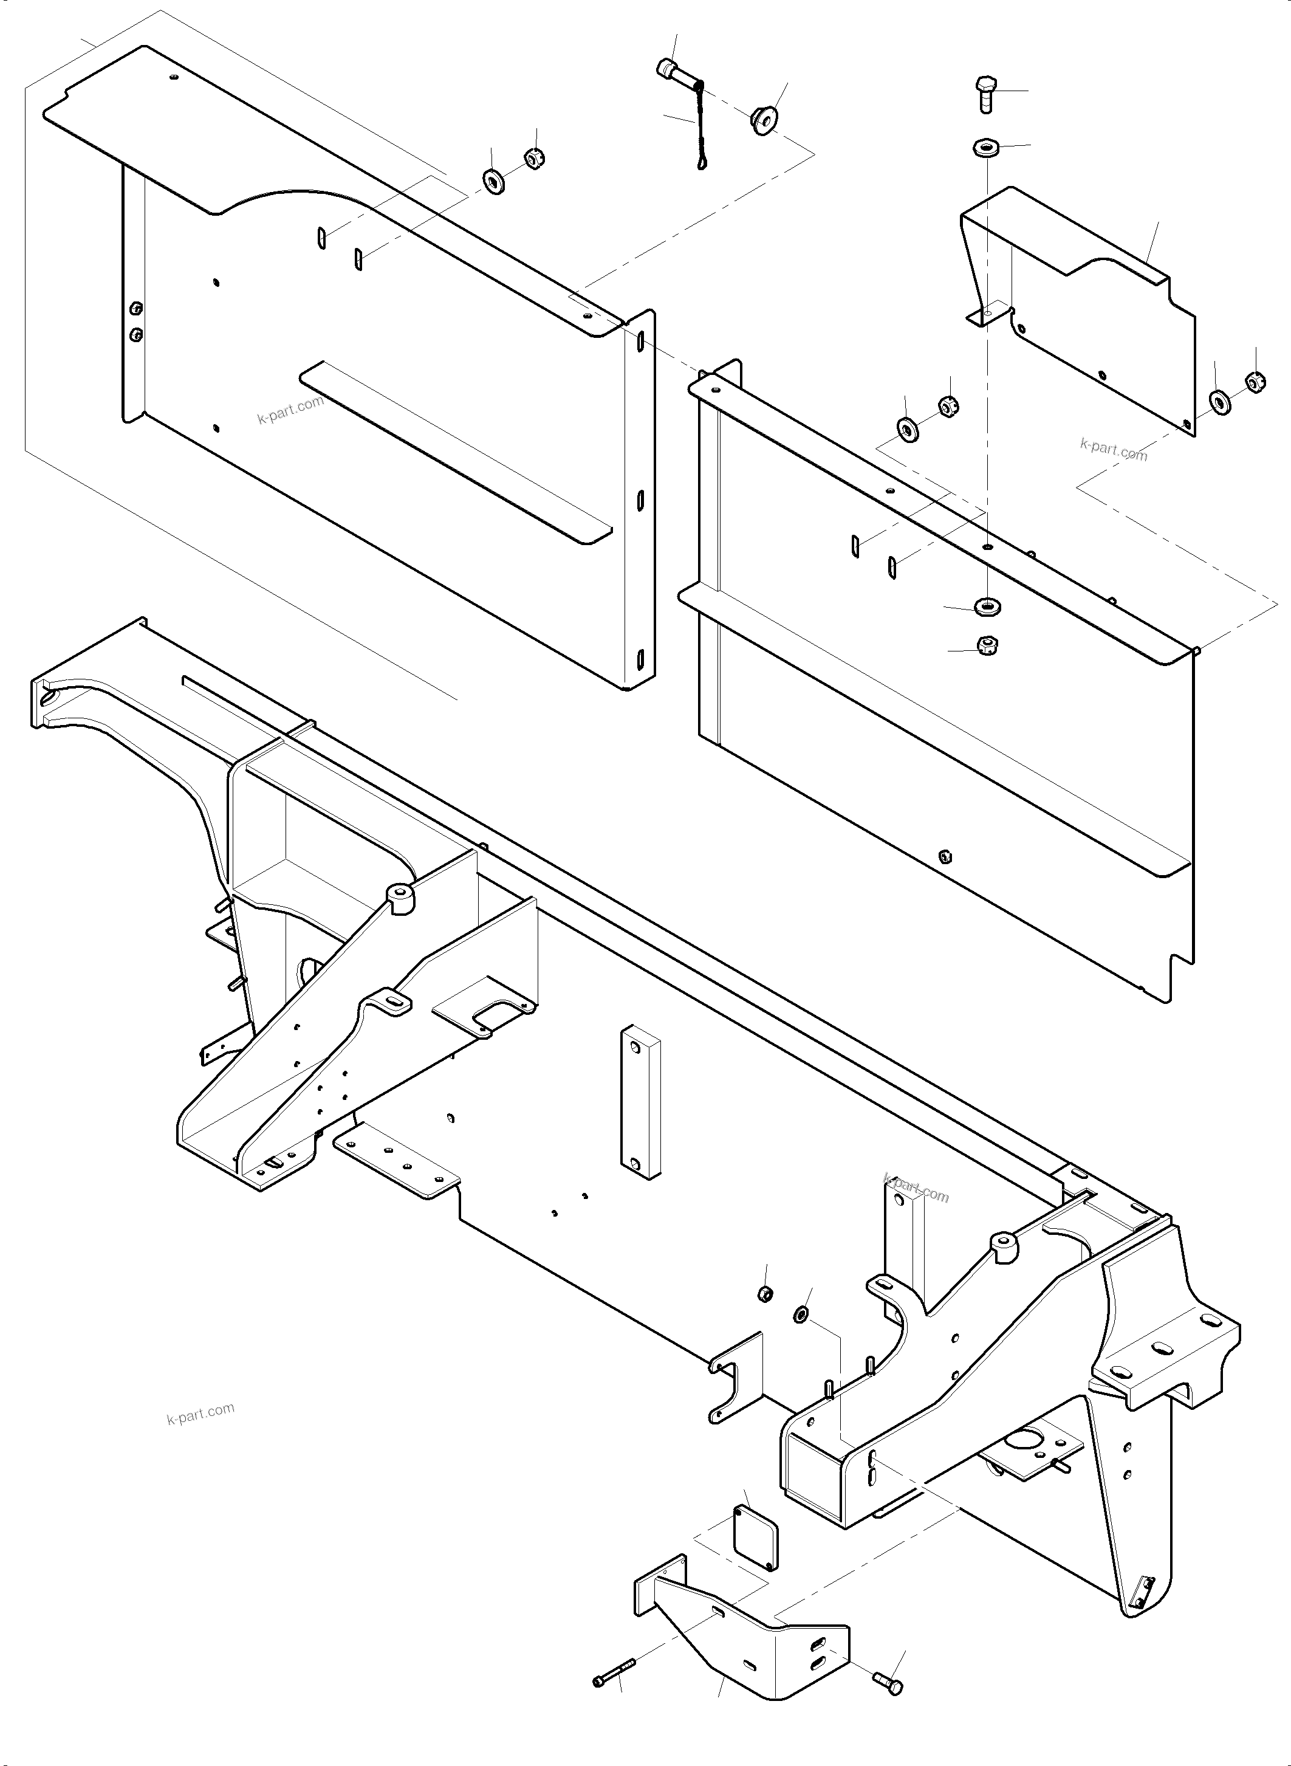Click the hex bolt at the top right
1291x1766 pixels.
click(x=985, y=93)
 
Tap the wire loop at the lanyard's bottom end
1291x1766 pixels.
click(x=702, y=163)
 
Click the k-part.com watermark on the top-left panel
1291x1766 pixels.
click(x=290, y=410)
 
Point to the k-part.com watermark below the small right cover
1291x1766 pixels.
click(x=1113, y=450)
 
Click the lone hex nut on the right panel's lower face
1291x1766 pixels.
click(x=945, y=855)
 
